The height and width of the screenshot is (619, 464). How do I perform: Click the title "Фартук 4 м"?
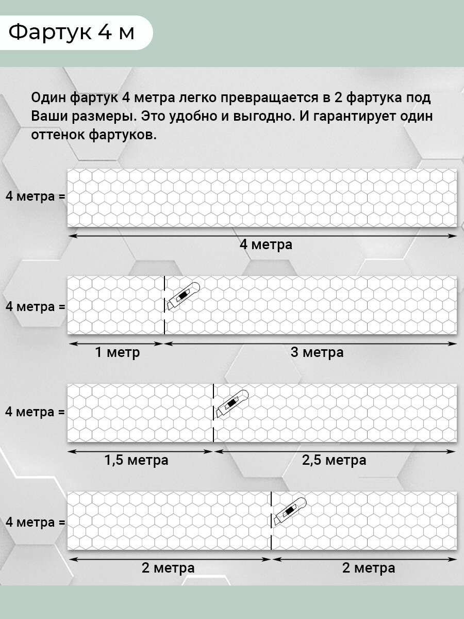(x=72, y=32)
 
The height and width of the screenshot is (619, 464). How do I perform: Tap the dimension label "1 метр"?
(x=117, y=353)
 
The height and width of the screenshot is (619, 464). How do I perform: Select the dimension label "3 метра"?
(x=317, y=353)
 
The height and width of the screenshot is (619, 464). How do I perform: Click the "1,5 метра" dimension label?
(x=137, y=460)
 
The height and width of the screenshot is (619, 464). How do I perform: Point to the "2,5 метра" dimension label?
(x=334, y=460)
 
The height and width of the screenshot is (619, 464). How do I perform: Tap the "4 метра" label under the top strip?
(x=266, y=245)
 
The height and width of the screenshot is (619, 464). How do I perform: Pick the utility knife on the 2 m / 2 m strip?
(x=290, y=511)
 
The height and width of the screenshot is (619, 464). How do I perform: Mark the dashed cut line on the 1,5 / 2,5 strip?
(x=213, y=413)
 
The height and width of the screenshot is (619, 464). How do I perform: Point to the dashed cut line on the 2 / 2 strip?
(x=271, y=521)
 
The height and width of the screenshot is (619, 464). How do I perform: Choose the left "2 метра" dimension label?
(x=168, y=568)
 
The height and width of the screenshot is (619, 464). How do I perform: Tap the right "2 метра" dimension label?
(x=369, y=568)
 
